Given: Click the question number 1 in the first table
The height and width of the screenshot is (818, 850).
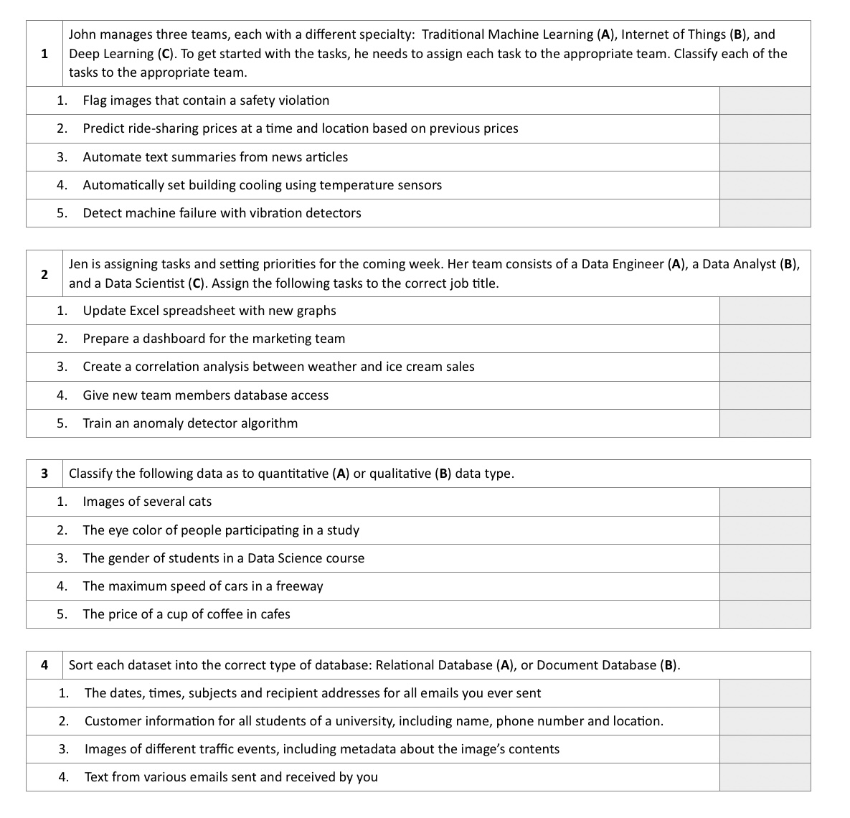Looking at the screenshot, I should pyautogui.click(x=44, y=54).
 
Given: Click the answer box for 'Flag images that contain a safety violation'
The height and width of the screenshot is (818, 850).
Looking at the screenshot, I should pyautogui.click(x=765, y=101).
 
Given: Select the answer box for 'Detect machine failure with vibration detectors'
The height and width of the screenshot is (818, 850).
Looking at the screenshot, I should pyautogui.click(x=765, y=213).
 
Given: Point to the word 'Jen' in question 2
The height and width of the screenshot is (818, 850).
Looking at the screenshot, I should pyautogui.click(x=78, y=265).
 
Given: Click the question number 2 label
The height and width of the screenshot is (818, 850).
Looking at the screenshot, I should pyautogui.click(x=44, y=274).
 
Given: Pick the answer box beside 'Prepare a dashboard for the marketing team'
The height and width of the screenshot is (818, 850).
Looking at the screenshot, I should pyautogui.click(x=765, y=339).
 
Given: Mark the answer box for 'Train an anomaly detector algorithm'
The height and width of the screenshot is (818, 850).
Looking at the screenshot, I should pyautogui.click(x=765, y=423).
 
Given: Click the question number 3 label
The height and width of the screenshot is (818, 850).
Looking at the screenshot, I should pyautogui.click(x=44, y=474).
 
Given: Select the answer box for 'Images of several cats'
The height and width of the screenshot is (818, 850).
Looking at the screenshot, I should pyautogui.click(x=765, y=502).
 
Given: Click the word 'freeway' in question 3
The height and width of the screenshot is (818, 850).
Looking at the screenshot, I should pyautogui.click(x=300, y=586).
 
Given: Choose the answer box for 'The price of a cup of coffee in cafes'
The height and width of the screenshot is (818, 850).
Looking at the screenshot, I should pyautogui.click(x=765, y=614).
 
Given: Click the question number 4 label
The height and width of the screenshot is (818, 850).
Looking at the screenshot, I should pyautogui.click(x=44, y=665).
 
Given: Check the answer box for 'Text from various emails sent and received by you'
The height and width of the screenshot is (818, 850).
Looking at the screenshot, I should pyautogui.click(x=765, y=777).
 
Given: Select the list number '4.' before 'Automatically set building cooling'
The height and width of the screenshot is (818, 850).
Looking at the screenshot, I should pyautogui.click(x=62, y=185).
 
